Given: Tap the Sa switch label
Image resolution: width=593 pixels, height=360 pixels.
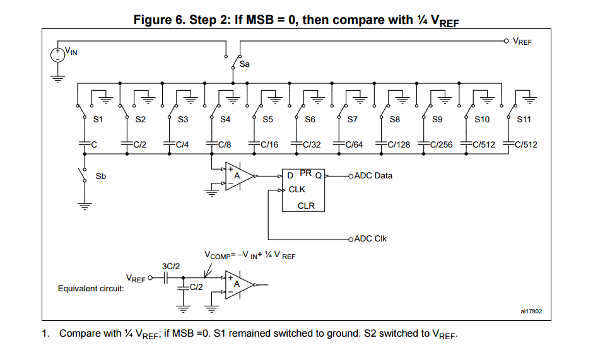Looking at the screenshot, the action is tap(244, 64).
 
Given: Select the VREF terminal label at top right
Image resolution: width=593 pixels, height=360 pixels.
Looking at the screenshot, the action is tap(522, 42).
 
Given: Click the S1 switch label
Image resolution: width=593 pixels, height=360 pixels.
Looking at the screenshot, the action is tap(98, 120).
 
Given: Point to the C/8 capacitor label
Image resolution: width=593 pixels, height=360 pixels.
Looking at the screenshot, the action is tap(225, 144).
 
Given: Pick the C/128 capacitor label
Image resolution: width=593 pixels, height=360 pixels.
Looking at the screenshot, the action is tap(399, 144).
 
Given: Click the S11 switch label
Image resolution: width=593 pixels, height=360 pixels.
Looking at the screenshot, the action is tap(524, 120).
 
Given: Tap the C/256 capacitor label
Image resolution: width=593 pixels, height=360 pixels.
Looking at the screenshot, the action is tap(441, 144).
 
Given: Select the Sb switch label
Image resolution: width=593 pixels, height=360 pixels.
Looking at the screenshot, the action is tap(100, 177).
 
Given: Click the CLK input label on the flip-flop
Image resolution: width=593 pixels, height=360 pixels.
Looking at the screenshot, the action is tap(296, 189).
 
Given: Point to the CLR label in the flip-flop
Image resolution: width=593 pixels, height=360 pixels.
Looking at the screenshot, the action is tap(306, 206).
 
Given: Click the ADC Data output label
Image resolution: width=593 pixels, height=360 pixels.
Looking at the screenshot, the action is tap(373, 175).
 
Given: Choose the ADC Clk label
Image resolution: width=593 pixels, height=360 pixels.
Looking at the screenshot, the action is tap(371, 238).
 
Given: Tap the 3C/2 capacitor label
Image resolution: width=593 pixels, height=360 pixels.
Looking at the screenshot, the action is tap(171, 266).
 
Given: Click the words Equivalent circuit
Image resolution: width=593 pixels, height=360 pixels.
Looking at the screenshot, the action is tap(91, 289).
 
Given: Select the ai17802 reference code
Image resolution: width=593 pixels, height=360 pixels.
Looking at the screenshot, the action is tap(531, 311).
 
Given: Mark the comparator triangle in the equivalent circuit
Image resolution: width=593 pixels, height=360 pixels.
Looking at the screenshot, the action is tap(239, 285).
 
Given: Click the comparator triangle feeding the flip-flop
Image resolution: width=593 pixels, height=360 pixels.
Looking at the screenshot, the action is tap(239, 177).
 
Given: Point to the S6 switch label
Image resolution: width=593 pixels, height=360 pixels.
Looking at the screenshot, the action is tap(310, 120).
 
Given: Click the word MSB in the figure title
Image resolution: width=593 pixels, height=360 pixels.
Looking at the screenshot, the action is tap(259, 20).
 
